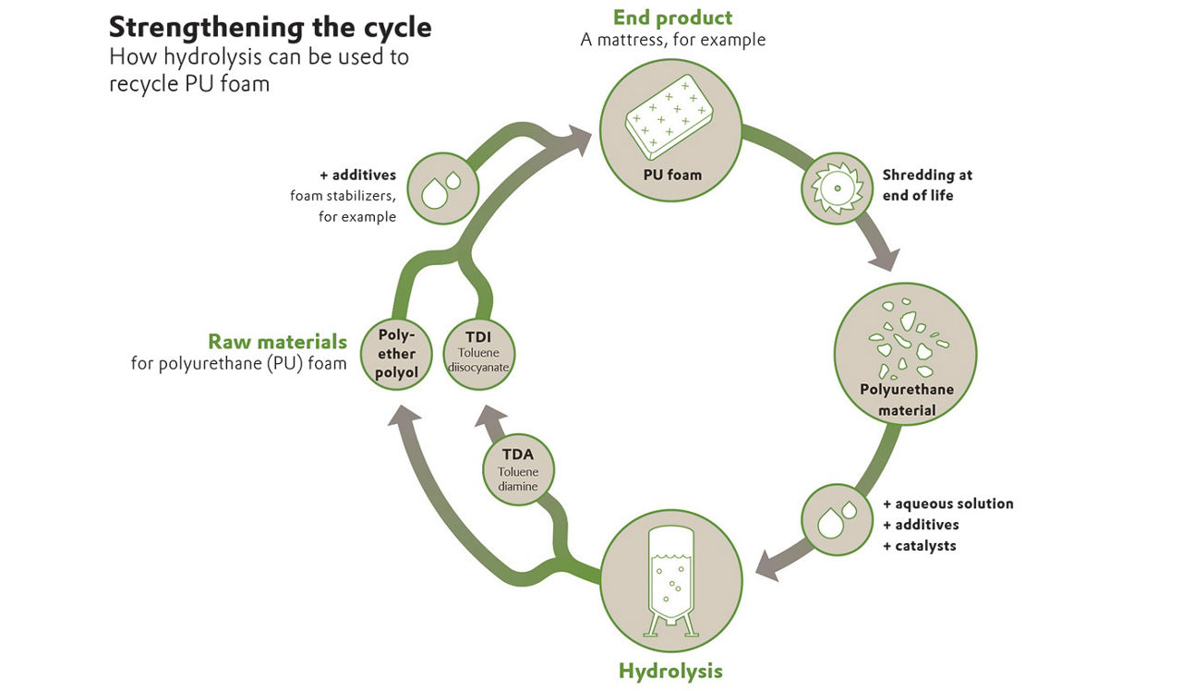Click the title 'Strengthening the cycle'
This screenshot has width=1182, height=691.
(x=270, y=27)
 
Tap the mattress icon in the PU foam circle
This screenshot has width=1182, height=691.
(x=671, y=124)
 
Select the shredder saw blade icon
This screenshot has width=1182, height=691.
(x=836, y=188)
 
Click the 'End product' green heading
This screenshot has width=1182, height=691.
(x=672, y=17)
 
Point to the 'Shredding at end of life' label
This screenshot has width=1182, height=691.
(x=927, y=185)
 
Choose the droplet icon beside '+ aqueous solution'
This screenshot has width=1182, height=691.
(x=836, y=519)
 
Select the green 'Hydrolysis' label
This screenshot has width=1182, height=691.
(x=670, y=670)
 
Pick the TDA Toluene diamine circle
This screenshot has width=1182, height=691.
(x=519, y=470)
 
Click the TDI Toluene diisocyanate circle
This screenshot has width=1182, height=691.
(x=478, y=352)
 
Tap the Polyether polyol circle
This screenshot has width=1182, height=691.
(x=396, y=353)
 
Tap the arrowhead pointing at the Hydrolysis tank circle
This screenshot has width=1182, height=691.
(x=768, y=565)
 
